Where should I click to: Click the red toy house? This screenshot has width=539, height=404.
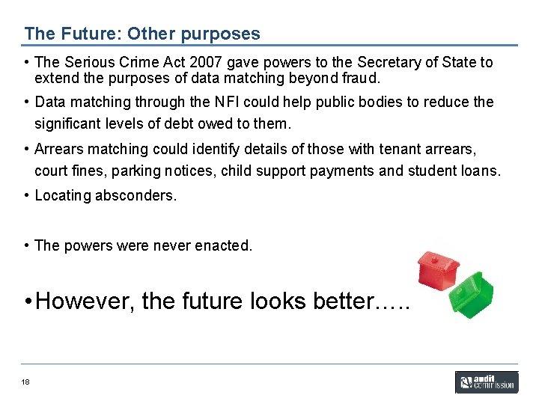click(x=439, y=269)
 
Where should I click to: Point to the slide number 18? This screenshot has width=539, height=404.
click(x=25, y=382)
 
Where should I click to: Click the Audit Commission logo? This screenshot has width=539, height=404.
click(x=486, y=382)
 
